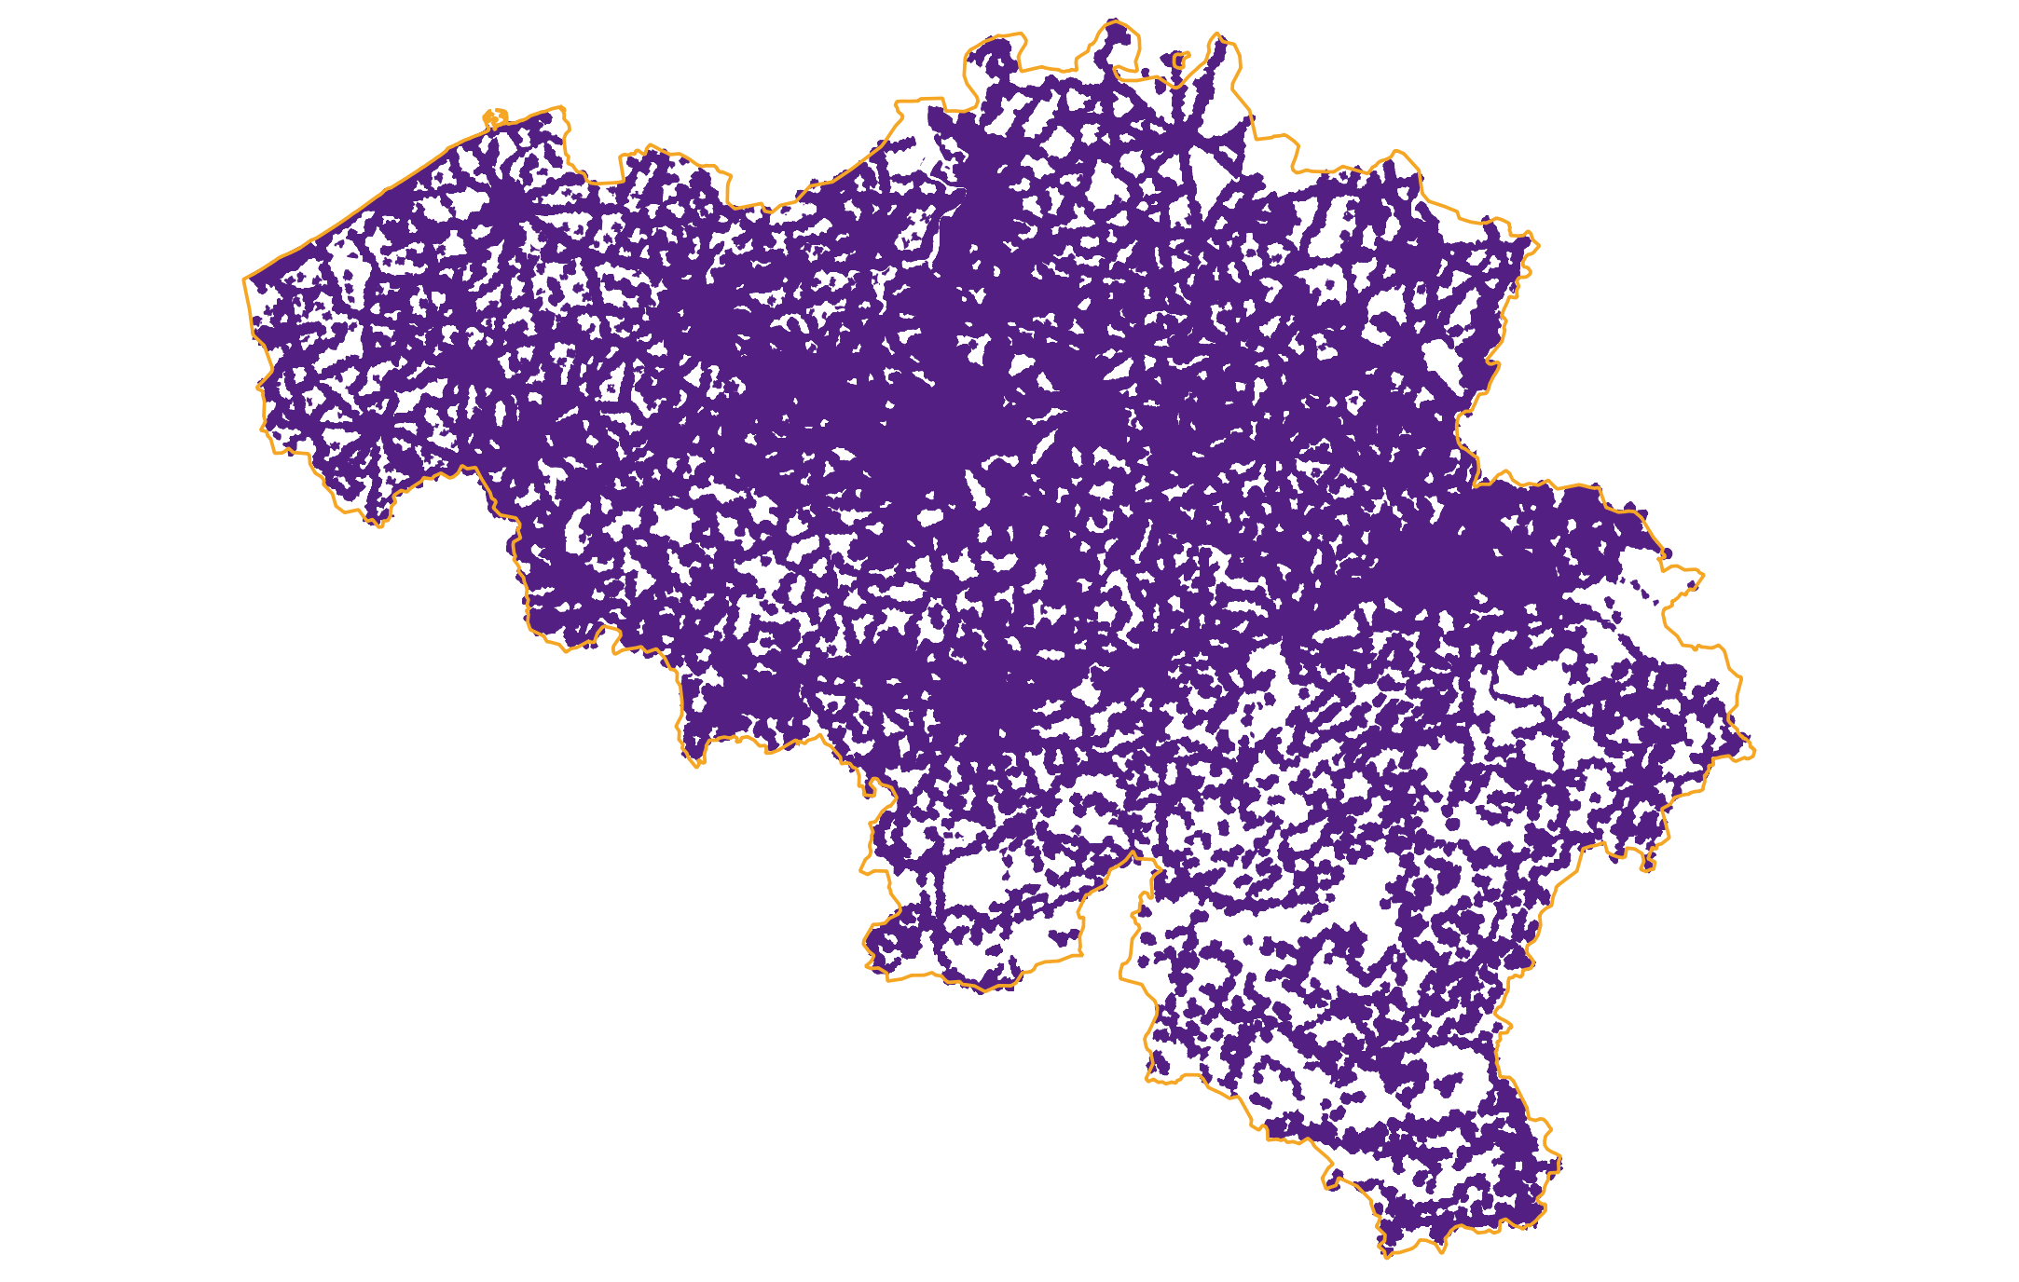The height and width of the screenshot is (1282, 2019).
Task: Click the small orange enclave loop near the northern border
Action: tap(1178, 61)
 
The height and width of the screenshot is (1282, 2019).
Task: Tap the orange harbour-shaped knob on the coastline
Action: tap(494, 117)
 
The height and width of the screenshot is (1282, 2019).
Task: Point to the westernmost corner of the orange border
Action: tap(244, 278)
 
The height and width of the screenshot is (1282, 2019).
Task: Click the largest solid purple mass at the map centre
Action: tap(932, 419)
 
